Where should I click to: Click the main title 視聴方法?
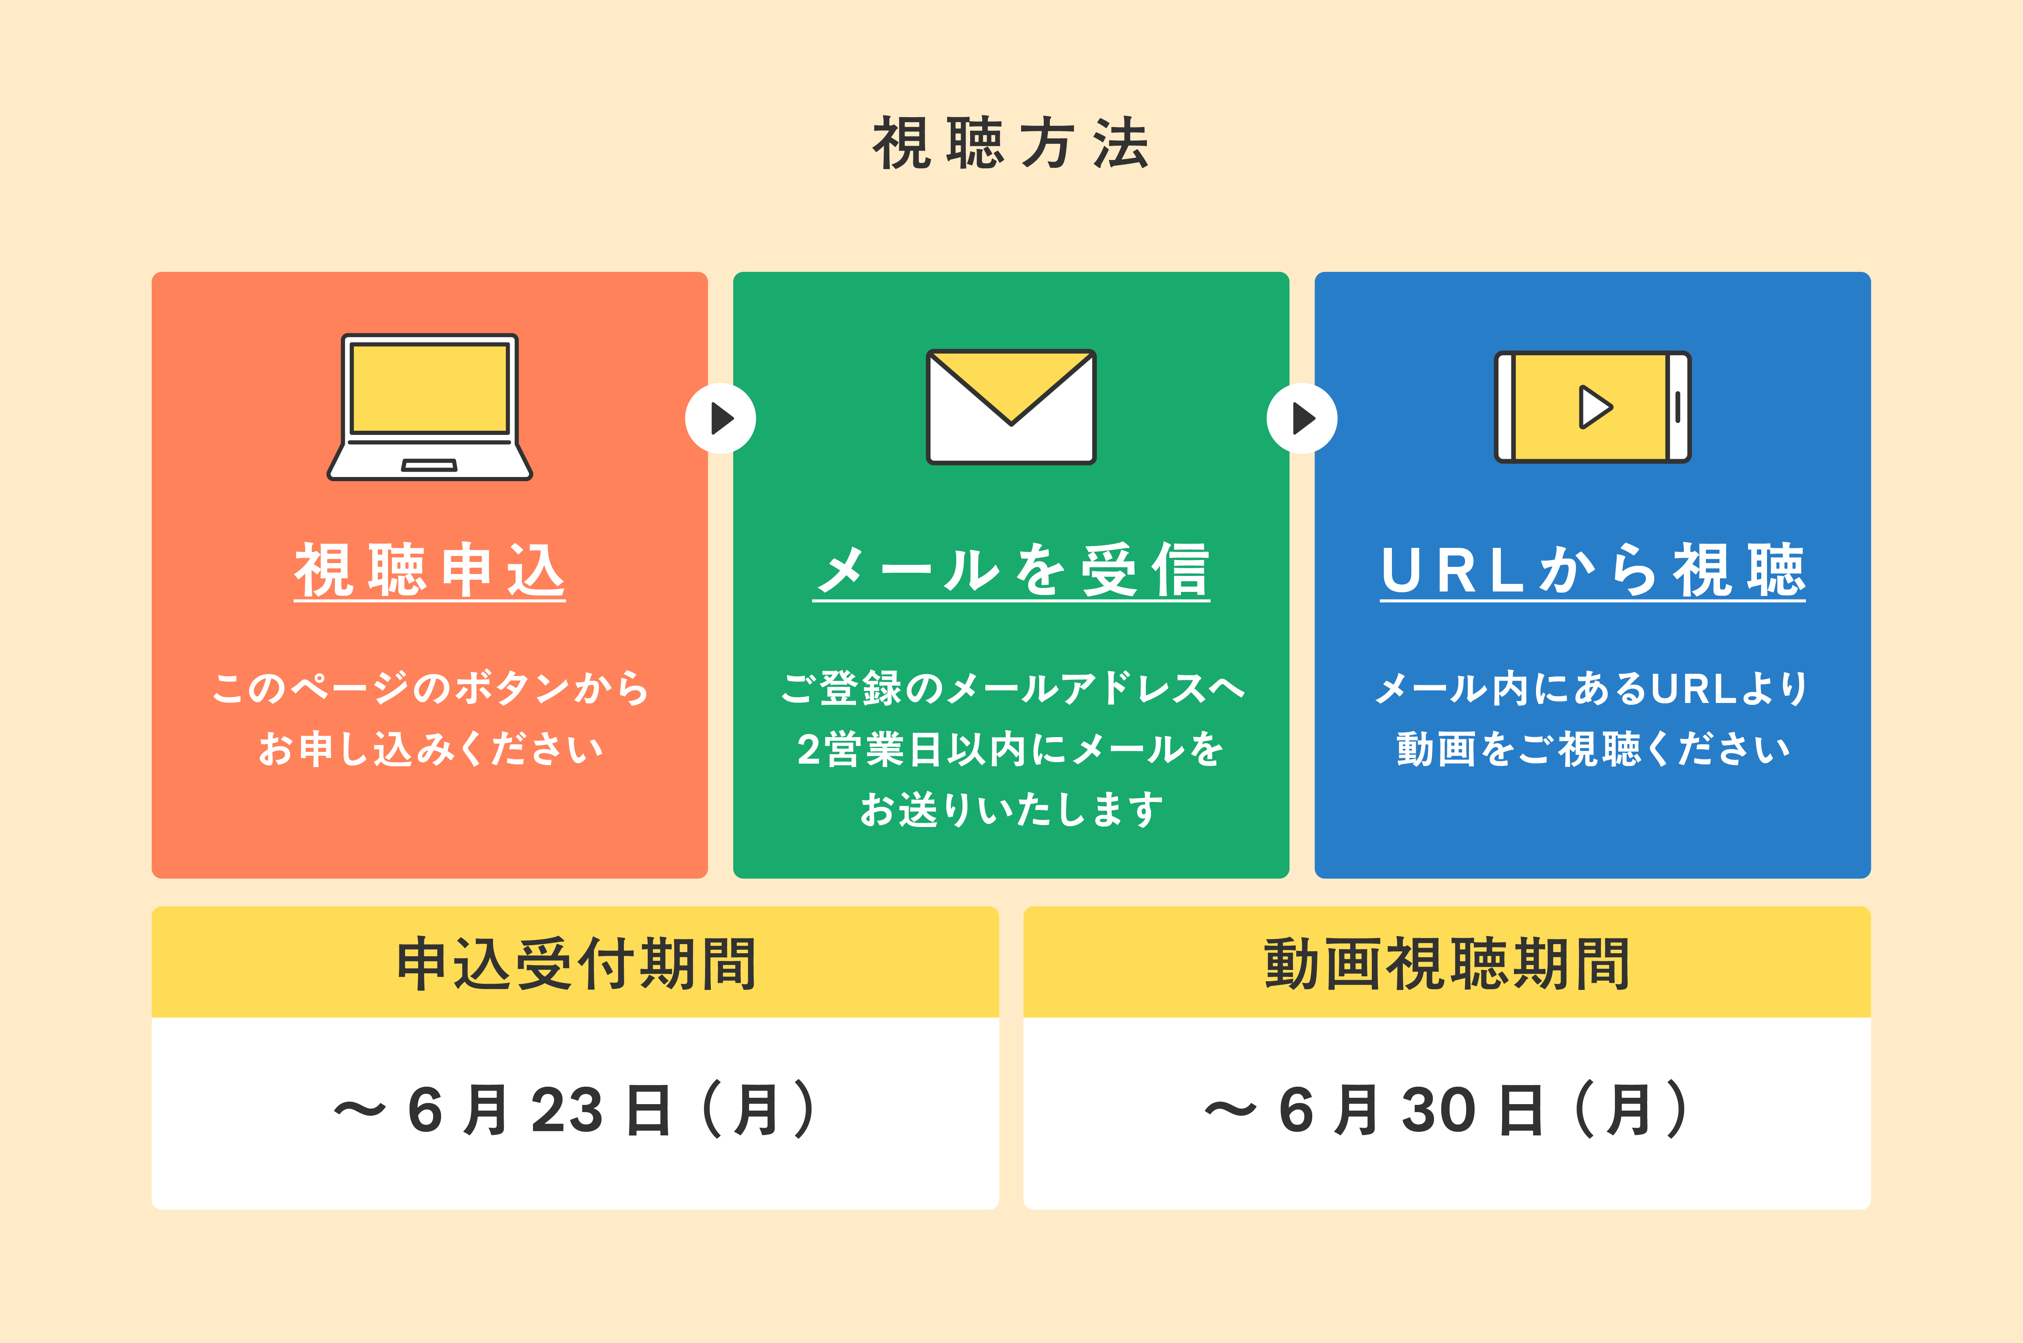[1011, 143]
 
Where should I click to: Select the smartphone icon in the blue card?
[1592, 407]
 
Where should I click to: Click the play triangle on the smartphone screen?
[1595, 407]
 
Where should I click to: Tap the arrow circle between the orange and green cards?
[720, 418]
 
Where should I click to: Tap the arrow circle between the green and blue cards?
[1302, 418]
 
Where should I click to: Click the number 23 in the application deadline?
[567, 1111]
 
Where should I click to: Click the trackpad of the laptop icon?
[429, 465]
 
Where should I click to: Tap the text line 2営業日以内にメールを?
[1011, 748]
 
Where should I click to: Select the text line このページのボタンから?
[430, 688]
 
